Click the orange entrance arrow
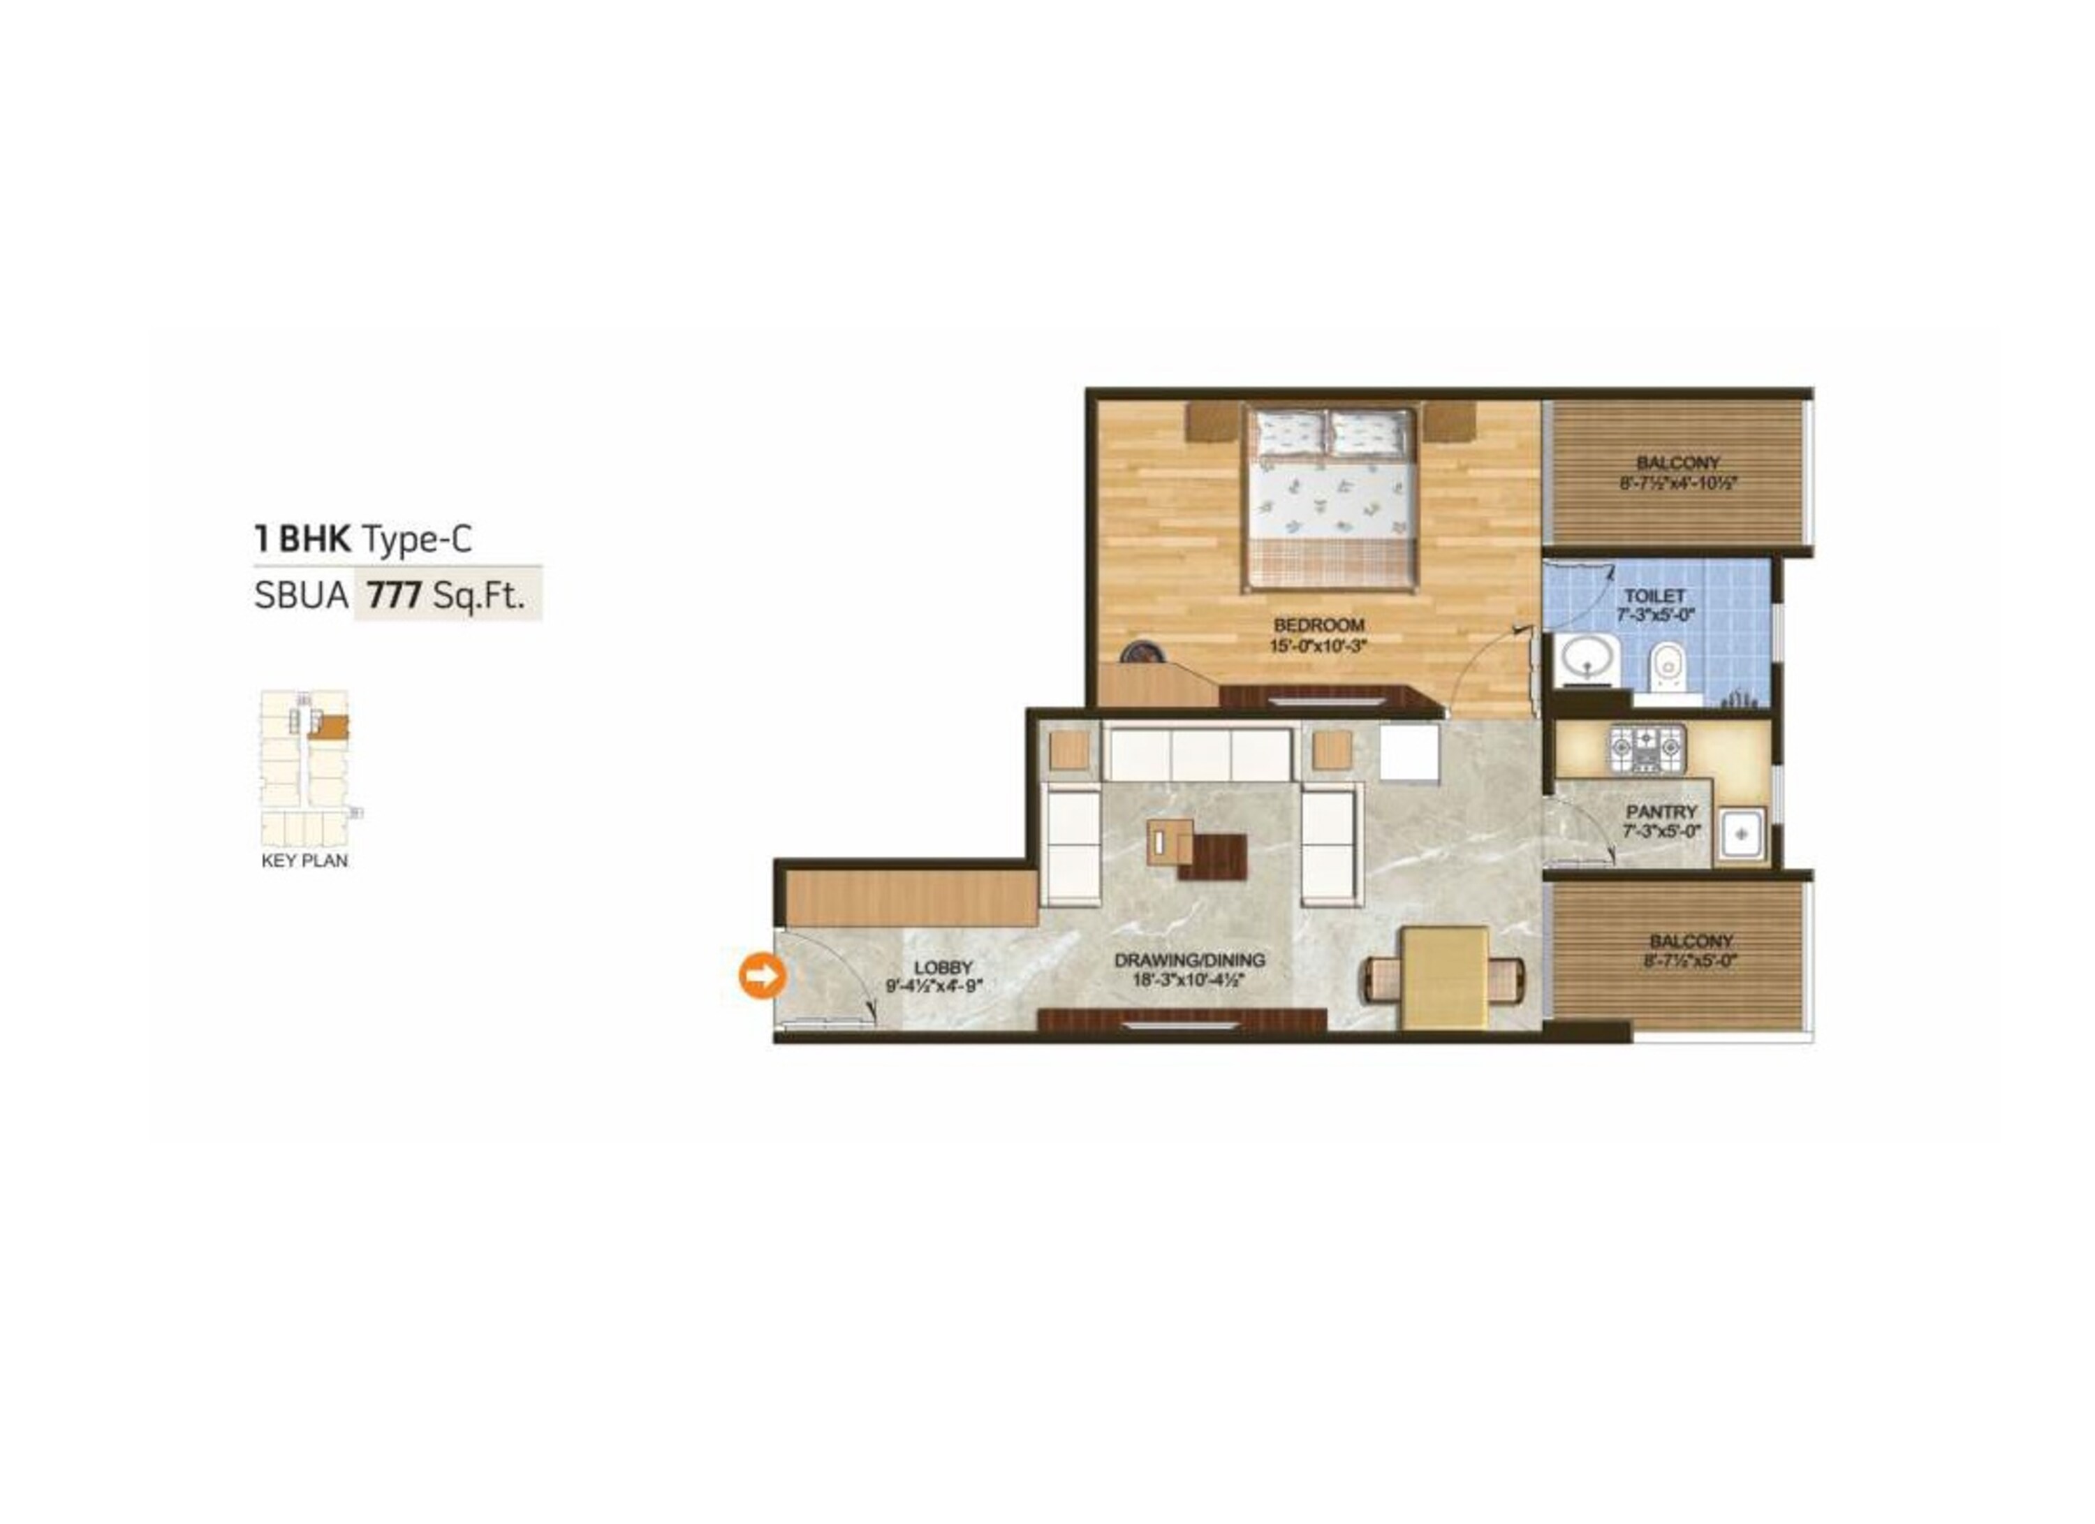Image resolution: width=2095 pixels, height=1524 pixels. (761, 975)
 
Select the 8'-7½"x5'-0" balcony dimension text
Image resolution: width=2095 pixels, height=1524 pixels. (1678, 960)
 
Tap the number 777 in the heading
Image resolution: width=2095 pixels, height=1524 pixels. (395, 596)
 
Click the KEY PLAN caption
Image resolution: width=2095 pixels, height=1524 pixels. (305, 860)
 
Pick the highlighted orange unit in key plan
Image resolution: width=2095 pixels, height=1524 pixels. (329, 728)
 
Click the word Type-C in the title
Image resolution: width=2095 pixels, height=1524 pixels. (418, 539)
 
